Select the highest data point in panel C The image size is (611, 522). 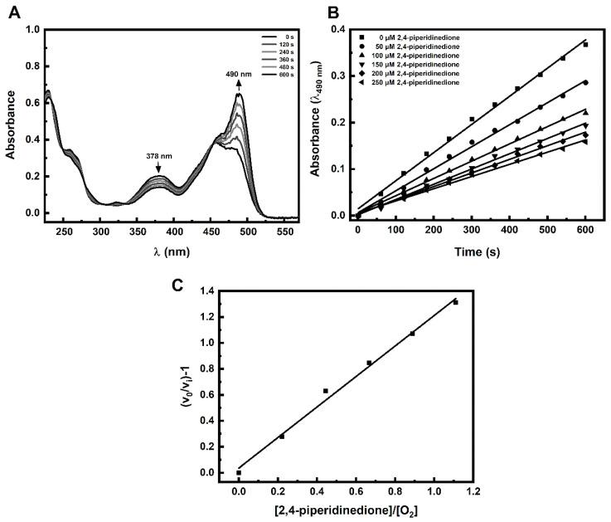pyautogui.click(x=455, y=302)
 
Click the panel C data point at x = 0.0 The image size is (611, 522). pyautogui.click(x=239, y=472)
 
